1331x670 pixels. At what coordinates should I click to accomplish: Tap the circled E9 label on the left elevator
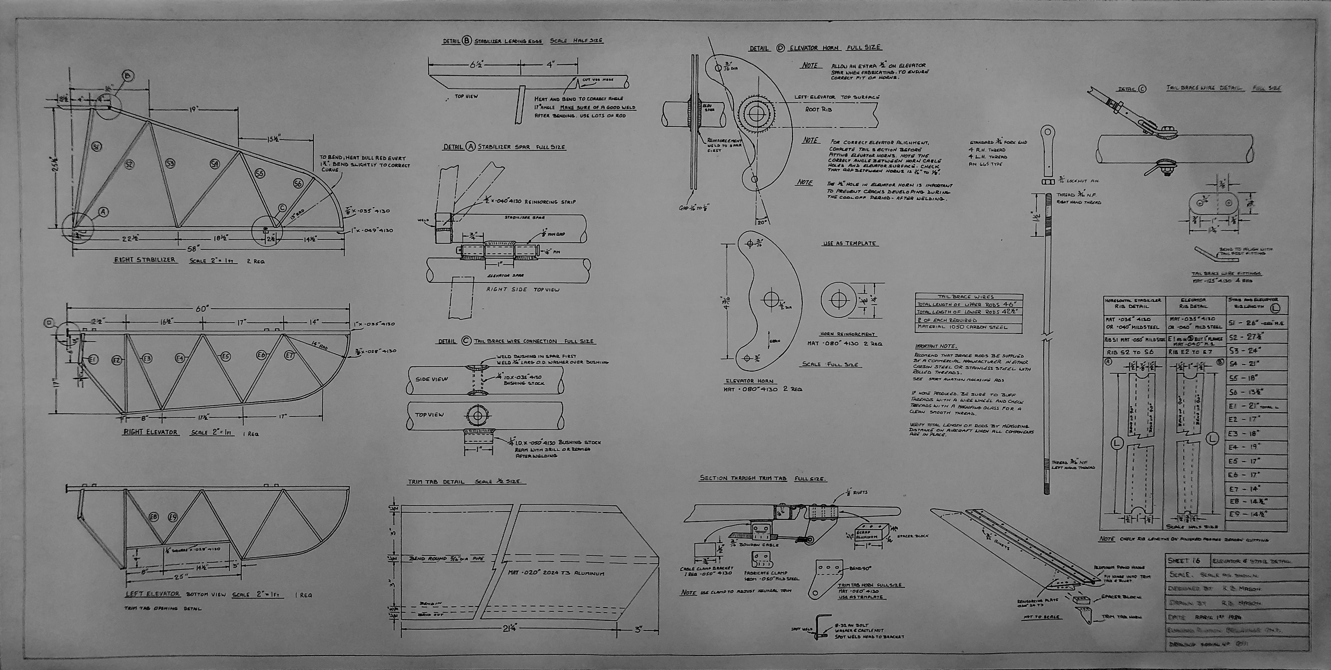pos(173,517)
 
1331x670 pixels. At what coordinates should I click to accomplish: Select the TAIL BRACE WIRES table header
pos(969,297)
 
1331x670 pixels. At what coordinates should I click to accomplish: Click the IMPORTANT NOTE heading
pos(936,346)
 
